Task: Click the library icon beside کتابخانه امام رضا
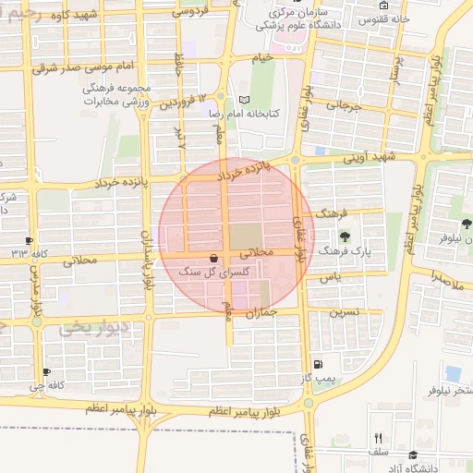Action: tap(244, 100)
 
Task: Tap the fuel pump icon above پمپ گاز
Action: tap(319, 365)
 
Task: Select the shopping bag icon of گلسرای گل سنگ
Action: tap(214, 258)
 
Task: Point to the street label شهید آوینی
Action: tap(369, 158)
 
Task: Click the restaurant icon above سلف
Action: tap(377, 438)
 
